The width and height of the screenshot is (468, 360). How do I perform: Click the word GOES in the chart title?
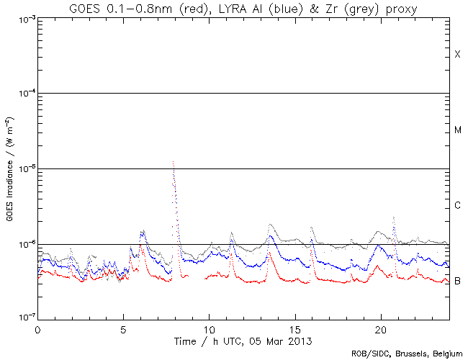click(x=84, y=8)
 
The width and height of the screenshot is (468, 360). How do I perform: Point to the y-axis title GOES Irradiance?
click(x=9, y=168)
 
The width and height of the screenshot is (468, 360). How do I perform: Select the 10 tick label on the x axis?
click(x=209, y=328)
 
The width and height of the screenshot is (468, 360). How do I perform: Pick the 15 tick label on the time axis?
click(x=294, y=328)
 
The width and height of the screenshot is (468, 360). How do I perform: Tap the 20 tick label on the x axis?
click(x=380, y=328)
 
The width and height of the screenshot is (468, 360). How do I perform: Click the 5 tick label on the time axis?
click(x=123, y=328)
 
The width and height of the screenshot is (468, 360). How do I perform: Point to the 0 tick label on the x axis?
click(x=37, y=328)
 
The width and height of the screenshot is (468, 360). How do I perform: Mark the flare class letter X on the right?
click(x=457, y=55)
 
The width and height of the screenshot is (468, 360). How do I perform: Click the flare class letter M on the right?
click(x=457, y=130)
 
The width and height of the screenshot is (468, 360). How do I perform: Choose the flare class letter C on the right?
click(x=457, y=206)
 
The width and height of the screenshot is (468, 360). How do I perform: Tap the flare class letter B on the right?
click(x=457, y=281)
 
